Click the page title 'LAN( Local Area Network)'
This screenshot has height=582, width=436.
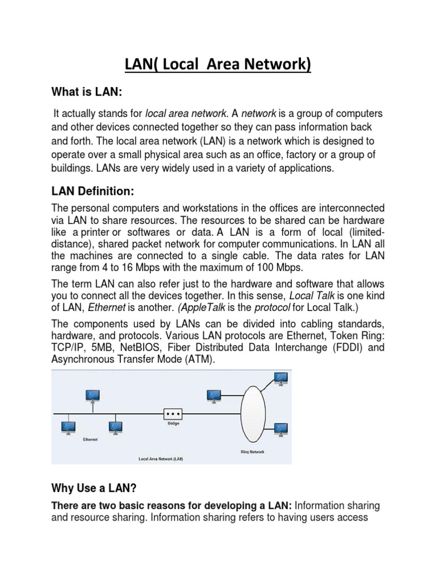tap(218, 65)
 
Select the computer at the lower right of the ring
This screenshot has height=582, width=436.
tap(280, 429)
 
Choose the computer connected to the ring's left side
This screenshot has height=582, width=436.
tap(214, 396)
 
